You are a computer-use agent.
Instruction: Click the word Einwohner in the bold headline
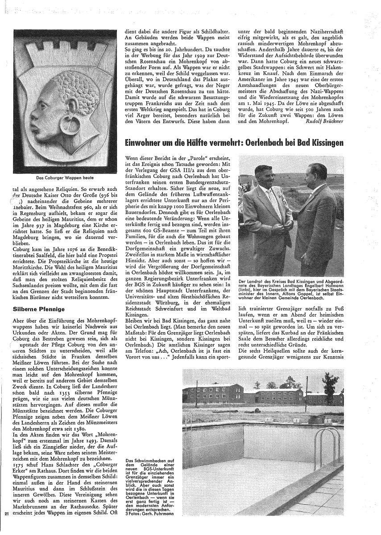point(145,143)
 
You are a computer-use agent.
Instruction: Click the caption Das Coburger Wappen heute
point(65,177)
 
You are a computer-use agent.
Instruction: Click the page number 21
point(6,514)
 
